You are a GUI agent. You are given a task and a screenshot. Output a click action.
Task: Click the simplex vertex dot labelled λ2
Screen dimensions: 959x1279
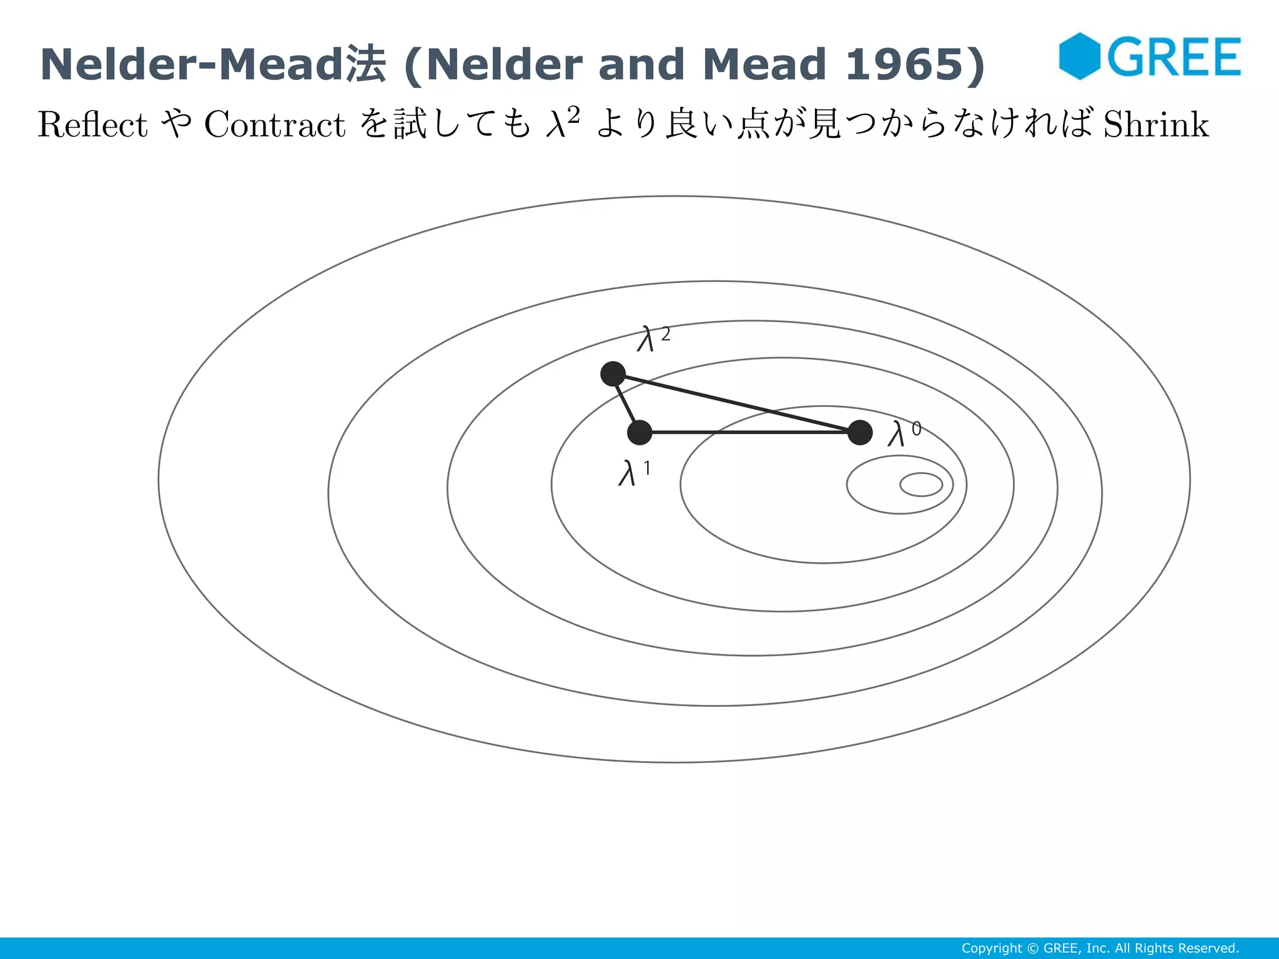click(x=613, y=374)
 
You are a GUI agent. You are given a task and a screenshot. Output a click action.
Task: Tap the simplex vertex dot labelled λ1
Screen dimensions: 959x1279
click(x=639, y=432)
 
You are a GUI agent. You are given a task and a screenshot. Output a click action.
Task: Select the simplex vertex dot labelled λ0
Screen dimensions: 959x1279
click(x=860, y=432)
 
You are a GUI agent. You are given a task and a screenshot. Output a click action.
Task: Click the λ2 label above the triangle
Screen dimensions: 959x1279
click(x=653, y=339)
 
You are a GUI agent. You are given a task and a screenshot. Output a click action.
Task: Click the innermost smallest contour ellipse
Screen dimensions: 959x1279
click(x=921, y=484)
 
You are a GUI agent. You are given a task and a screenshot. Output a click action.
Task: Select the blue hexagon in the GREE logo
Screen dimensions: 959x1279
click(x=1079, y=56)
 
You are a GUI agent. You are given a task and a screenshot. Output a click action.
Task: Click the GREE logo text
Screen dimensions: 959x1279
click(x=1174, y=57)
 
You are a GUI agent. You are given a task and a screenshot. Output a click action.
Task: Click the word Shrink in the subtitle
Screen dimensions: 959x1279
click(x=1156, y=124)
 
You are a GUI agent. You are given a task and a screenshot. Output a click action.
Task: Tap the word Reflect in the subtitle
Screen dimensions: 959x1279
click(x=92, y=124)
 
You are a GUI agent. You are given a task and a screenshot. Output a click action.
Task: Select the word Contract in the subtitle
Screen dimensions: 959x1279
click(x=275, y=124)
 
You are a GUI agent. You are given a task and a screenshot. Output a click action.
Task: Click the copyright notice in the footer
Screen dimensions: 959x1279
click(x=1100, y=948)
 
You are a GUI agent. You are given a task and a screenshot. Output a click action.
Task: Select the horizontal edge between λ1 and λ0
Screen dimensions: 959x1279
click(x=749, y=432)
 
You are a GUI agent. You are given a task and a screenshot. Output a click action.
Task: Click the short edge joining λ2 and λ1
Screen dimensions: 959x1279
click(x=626, y=403)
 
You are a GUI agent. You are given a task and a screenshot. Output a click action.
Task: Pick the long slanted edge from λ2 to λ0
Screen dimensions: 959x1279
click(x=737, y=403)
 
